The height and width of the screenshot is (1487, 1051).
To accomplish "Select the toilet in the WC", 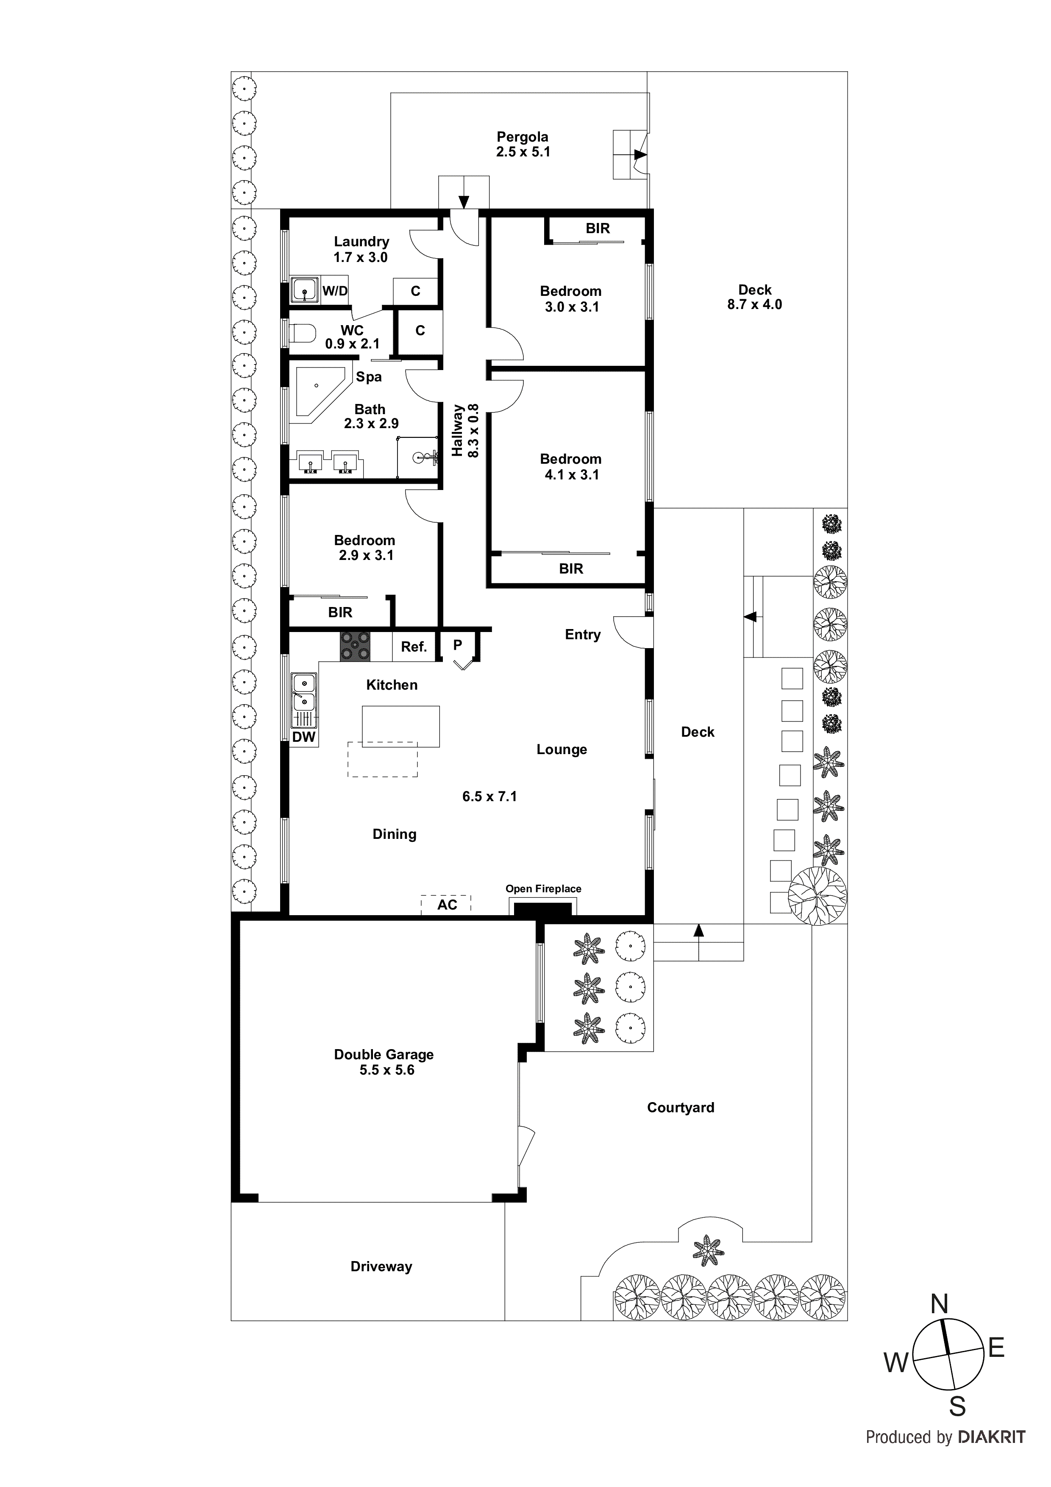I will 301,334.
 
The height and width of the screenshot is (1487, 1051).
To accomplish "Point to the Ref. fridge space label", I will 414,646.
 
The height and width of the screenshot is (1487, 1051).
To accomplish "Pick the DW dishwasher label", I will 304,737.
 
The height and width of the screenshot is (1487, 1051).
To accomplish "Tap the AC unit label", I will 447,905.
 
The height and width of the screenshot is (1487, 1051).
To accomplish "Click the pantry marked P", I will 458,645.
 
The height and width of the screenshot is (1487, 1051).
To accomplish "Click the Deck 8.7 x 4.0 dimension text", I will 754,304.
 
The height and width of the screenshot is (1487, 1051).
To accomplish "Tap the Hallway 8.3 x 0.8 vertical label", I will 465,431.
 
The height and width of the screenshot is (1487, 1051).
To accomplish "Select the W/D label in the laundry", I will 335,291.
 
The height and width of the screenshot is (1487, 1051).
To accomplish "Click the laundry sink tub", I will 304,290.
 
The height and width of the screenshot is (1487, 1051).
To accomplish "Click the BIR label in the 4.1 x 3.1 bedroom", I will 570,568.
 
